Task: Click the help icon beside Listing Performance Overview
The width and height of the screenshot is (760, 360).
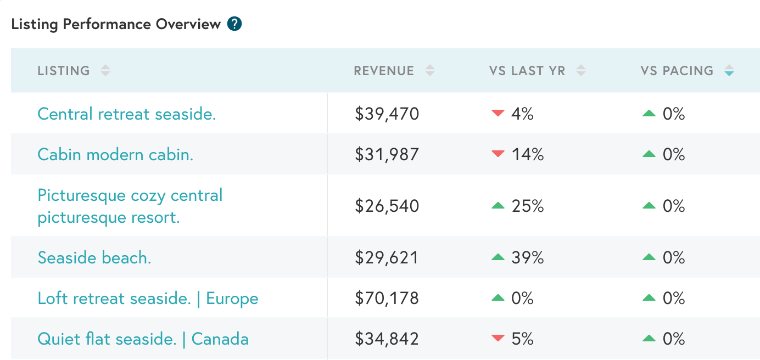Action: (x=234, y=24)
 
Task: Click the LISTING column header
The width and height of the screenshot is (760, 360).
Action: (x=64, y=71)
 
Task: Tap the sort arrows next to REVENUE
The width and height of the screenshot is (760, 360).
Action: (x=430, y=71)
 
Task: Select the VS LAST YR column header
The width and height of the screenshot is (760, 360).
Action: (x=527, y=71)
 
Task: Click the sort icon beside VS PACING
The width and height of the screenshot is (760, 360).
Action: (x=729, y=71)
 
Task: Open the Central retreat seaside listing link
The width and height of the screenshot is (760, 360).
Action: (x=127, y=114)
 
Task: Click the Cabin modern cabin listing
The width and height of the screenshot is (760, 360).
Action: (x=115, y=155)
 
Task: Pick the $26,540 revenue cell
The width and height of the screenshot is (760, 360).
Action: (x=387, y=206)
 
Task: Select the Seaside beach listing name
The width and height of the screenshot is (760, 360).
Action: (x=94, y=258)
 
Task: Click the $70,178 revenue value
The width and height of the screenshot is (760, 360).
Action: (x=387, y=299)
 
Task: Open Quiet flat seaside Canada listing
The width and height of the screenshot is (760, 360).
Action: (x=143, y=339)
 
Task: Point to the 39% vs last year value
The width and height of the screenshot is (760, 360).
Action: (x=527, y=258)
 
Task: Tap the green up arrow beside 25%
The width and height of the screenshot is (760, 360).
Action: (x=498, y=206)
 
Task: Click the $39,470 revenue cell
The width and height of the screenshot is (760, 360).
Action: (x=387, y=114)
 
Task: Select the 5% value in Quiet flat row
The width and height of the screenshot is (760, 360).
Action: (x=522, y=339)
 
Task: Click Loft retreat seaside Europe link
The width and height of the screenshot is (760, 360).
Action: (x=148, y=299)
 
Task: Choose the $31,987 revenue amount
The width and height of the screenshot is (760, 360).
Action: (x=387, y=155)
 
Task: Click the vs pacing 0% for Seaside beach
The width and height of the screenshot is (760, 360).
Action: (x=673, y=258)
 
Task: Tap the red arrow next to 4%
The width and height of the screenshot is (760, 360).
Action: (x=498, y=114)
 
